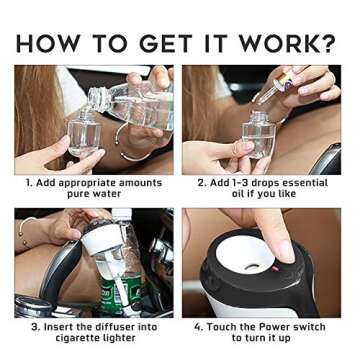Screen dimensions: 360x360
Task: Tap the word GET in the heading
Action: pos(166,43)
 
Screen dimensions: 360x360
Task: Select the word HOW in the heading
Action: pos(48,43)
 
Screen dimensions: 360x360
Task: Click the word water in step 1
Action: pos(106,194)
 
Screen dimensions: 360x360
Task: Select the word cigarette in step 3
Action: pos(78,338)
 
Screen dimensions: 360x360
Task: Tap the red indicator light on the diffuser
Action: pos(275,268)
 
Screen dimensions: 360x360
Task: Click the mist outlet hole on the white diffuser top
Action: pos(252,267)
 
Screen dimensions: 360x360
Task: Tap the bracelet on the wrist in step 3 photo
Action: pos(24,231)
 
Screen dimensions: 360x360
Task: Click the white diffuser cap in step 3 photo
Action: pos(102,237)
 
